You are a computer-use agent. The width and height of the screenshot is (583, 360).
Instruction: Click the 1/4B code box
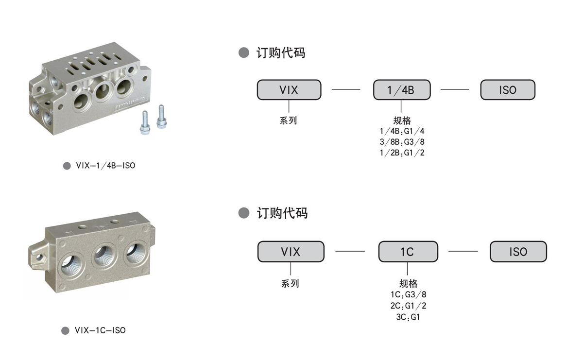point(402,90)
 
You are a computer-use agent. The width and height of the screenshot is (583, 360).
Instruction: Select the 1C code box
point(408,252)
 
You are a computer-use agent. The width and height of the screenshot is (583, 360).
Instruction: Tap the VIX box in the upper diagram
point(289,90)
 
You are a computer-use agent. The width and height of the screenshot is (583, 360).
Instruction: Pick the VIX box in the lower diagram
point(291,252)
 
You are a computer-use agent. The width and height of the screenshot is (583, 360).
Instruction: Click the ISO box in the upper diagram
point(508,90)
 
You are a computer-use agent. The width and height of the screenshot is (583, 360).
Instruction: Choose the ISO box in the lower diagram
point(518,252)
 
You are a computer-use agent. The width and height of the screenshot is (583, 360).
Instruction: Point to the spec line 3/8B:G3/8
point(402,142)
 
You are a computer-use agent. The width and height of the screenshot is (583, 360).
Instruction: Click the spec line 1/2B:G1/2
point(402,153)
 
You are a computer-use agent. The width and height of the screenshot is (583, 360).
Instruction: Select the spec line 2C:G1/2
point(408,306)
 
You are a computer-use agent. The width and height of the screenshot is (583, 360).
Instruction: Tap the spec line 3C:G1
point(408,317)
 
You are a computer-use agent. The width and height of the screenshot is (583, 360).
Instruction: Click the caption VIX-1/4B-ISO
point(105,166)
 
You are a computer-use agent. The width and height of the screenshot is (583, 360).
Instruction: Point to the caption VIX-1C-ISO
point(100,330)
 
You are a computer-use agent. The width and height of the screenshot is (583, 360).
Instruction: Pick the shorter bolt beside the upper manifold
point(145,123)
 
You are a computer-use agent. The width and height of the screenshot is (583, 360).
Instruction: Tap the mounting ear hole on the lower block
point(39,257)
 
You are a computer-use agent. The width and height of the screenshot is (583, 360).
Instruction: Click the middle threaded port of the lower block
point(103,256)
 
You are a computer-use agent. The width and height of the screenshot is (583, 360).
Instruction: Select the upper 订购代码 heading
point(281,53)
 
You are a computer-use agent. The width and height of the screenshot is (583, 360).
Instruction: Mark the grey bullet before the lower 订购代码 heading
point(244,213)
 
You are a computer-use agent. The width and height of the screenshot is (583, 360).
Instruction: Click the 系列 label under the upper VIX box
point(288,120)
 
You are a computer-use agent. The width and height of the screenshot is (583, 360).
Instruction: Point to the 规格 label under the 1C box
point(408,283)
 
